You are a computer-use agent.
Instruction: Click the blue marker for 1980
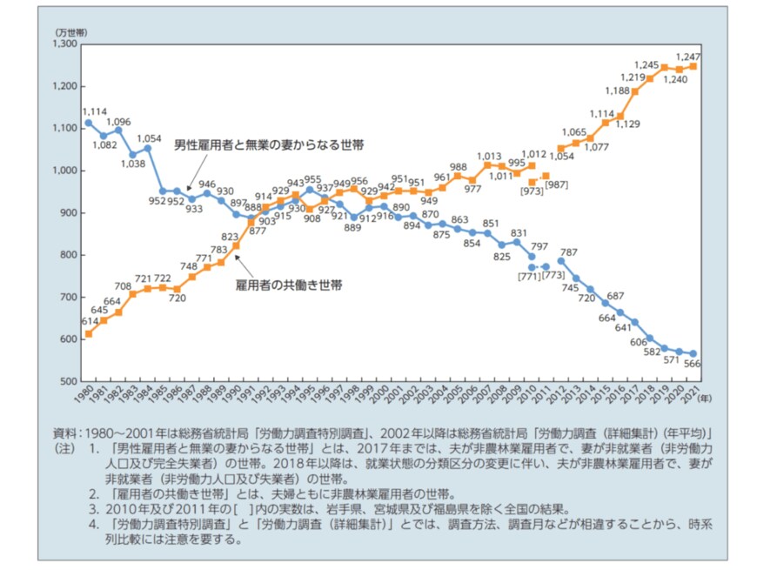click(x=89, y=123)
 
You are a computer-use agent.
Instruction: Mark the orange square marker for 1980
click(x=89, y=333)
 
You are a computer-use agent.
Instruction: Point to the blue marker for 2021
click(x=694, y=353)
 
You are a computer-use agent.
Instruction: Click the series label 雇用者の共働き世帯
click(x=289, y=285)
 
